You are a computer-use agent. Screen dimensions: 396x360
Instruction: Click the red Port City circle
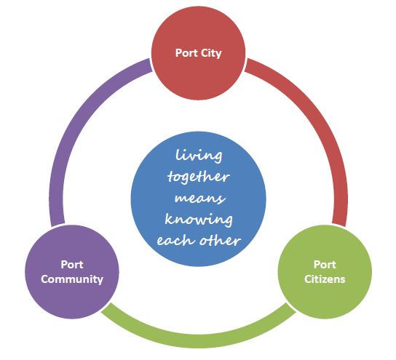(x=198, y=53)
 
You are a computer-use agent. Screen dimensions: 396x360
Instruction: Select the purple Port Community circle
(x=72, y=272)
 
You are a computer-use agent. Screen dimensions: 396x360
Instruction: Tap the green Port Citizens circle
(x=325, y=272)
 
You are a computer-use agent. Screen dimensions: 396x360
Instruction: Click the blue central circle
(x=198, y=199)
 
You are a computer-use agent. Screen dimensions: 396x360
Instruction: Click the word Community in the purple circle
(x=72, y=279)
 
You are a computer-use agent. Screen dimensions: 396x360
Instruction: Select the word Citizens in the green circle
(x=325, y=279)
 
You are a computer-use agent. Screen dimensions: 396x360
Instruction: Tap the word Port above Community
(x=72, y=265)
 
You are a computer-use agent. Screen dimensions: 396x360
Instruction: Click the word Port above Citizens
(x=325, y=265)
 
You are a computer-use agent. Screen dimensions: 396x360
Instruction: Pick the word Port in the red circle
(x=186, y=53)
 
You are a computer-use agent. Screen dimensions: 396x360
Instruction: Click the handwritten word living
(x=199, y=156)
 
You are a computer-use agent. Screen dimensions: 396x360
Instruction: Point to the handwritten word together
(x=199, y=177)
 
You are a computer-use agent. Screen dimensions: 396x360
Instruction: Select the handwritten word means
(x=199, y=199)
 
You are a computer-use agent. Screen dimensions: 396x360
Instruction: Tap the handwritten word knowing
(x=199, y=219)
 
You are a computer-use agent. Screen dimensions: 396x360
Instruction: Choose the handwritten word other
(x=220, y=240)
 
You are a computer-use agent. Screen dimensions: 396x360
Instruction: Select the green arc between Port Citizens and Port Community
(x=199, y=340)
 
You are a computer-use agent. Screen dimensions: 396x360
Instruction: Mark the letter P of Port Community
(x=64, y=265)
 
